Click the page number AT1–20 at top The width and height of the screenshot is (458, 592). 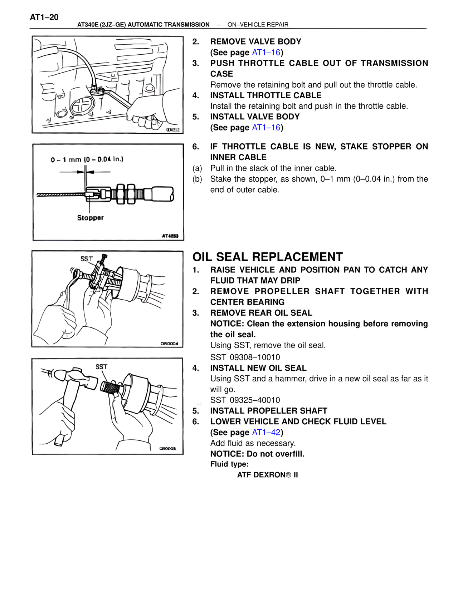click(44, 17)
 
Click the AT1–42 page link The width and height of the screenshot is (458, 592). click(266, 432)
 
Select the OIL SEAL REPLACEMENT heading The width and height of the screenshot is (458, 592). click(267, 257)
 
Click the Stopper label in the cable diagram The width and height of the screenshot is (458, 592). click(90, 218)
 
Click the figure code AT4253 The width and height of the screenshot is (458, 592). click(170, 236)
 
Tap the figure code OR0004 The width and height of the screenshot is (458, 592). click(169, 344)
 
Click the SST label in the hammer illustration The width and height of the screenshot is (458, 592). click(101, 367)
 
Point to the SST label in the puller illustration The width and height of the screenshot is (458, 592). click(87, 258)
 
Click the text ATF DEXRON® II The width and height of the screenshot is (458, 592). click(267, 475)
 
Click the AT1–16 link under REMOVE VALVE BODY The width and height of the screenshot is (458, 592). click(266, 53)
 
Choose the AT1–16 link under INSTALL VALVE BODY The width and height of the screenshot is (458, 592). click(266, 128)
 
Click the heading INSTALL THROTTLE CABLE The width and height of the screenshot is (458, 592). click(265, 95)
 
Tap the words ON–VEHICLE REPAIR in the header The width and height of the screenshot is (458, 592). click(258, 25)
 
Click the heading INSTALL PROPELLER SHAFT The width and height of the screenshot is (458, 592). click(268, 411)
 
